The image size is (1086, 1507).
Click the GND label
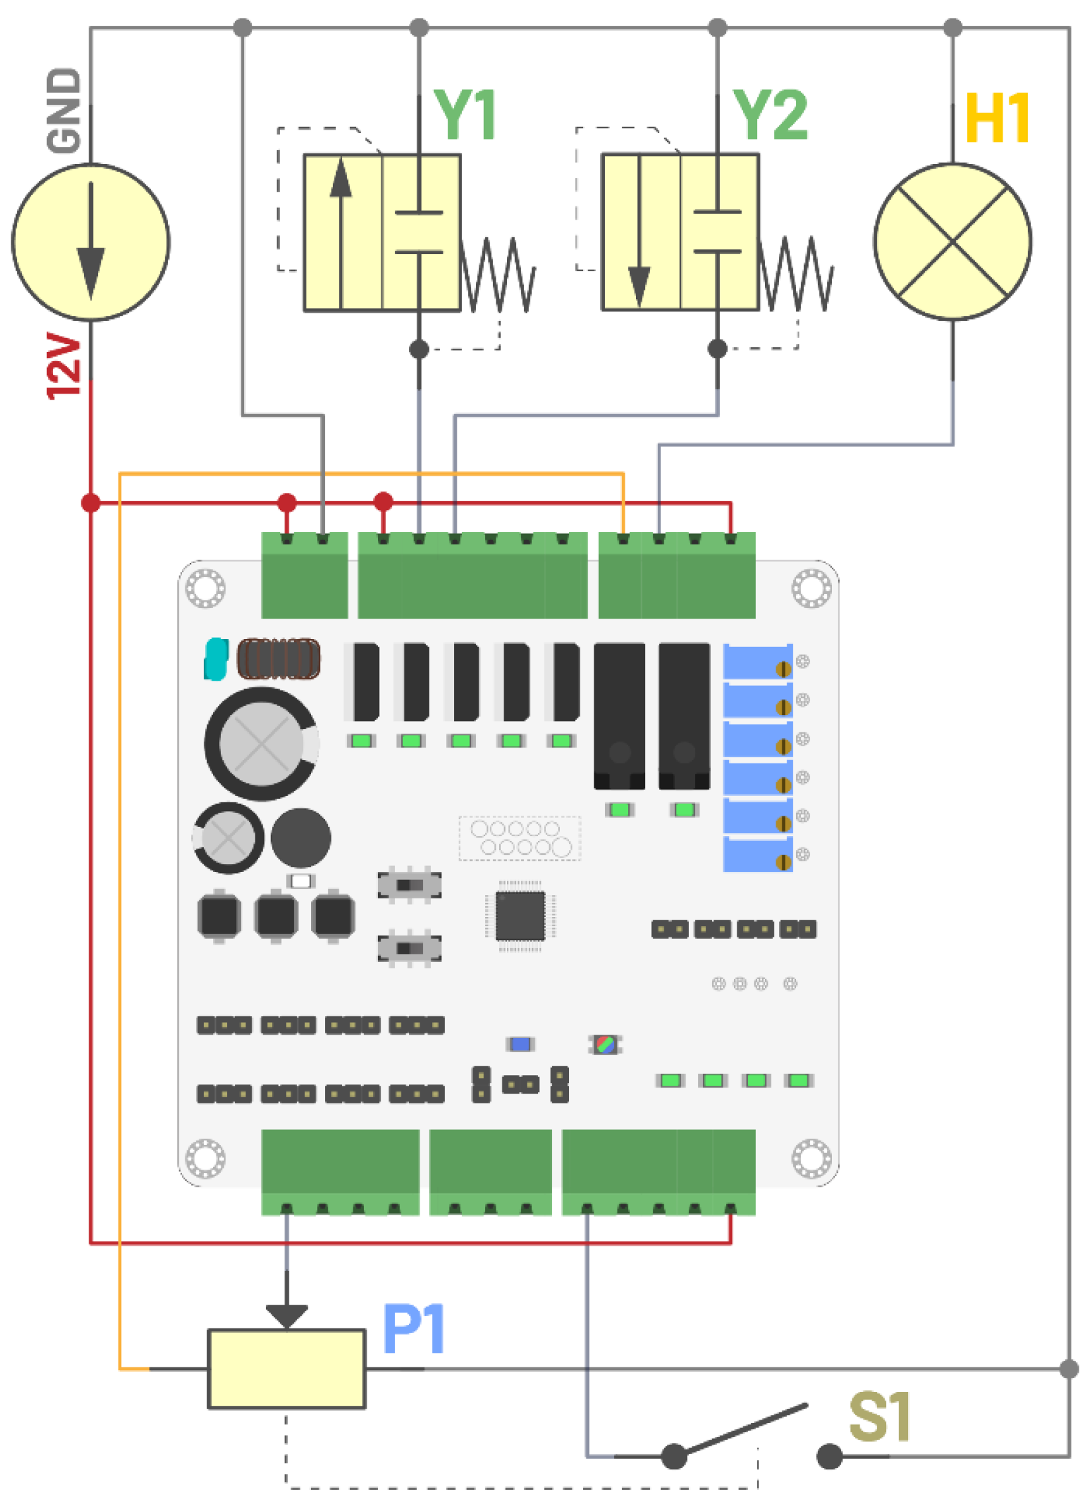click(64, 110)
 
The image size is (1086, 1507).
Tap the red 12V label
click(64, 365)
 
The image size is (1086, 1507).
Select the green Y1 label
click(464, 114)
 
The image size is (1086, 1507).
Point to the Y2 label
click(770, 114)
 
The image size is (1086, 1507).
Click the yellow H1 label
click(997, 118)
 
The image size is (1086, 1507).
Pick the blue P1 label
click(413, 1328)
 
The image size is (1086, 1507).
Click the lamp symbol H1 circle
click(952, 242)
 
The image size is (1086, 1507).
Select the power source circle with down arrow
click(91, 243)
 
